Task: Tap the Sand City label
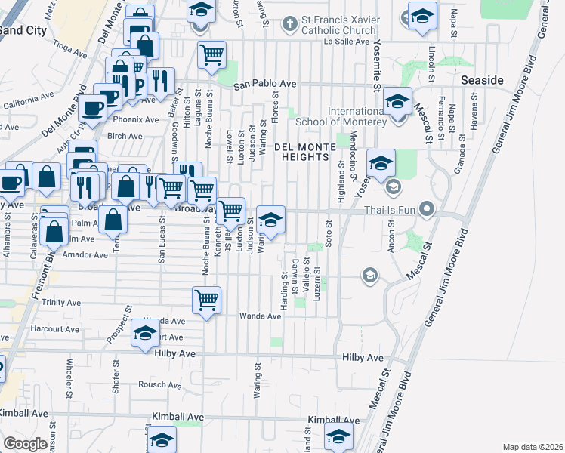pos(23,31)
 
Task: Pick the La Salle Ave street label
pos(344,42)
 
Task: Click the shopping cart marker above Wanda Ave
pos(207,299)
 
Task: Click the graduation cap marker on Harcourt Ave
pos(145,332)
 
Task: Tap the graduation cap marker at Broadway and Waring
pos(271,219)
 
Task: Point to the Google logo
pos(25,444)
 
